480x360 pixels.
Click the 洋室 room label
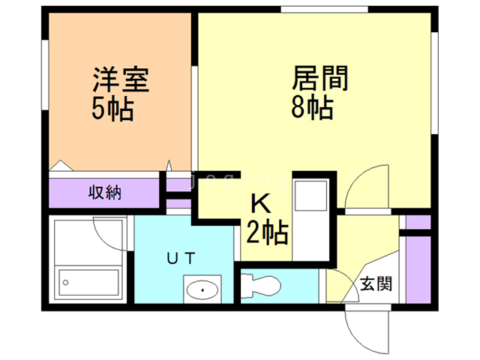click(x=121, y=79)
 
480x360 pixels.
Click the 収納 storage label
click(x=105, y=193)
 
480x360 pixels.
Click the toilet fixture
click(x=261, y=286)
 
